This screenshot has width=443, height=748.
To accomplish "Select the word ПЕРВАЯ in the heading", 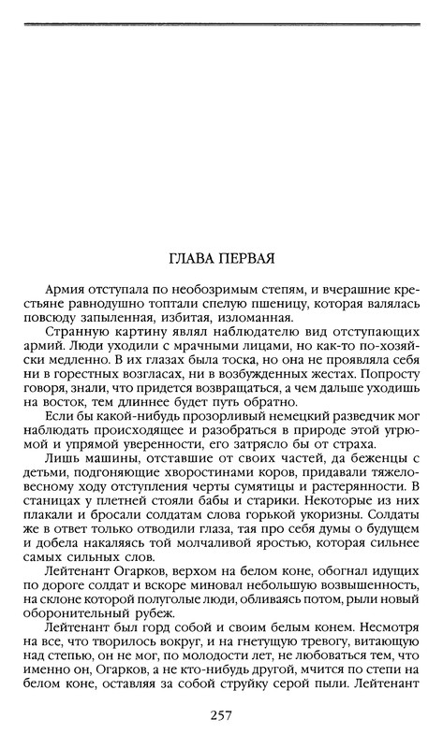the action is click(251, 257).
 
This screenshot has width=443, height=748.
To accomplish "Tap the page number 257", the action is click(221, 717).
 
